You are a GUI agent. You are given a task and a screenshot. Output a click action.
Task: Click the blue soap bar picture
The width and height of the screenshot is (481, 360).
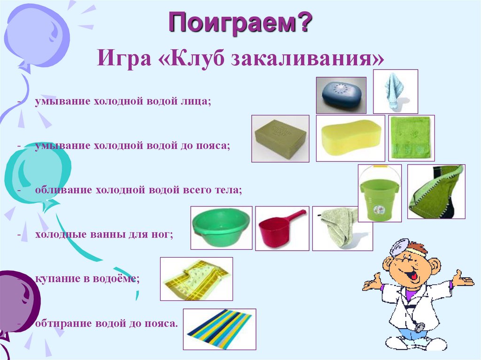click(x=341, y=94)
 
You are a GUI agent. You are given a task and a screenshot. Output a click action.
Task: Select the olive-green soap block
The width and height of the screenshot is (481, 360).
click(x=280, y=138)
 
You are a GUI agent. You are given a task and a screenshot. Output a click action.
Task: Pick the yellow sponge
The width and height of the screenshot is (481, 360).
click(x=350, y=138)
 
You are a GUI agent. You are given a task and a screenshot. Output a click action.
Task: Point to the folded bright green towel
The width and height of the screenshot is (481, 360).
click(x=411, y=138)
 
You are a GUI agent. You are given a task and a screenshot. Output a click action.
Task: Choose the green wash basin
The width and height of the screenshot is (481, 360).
click(x=221, y=227)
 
